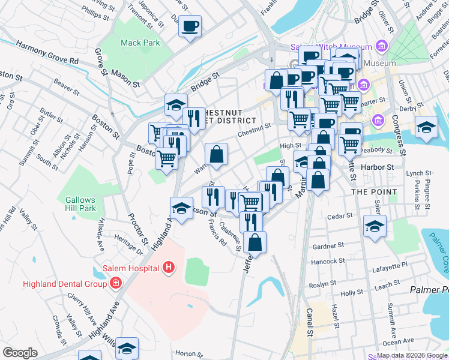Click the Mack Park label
[140, 43]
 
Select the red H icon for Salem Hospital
[170, 267]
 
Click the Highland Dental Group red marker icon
[115, 283]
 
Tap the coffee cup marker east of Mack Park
[190, 26]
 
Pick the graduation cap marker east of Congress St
[426, 128]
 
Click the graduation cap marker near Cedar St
[375, 227]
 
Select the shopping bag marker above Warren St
[217, 154]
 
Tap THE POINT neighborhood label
[373, 192]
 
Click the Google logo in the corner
[20, 352]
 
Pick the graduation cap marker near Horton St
[127, 348]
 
